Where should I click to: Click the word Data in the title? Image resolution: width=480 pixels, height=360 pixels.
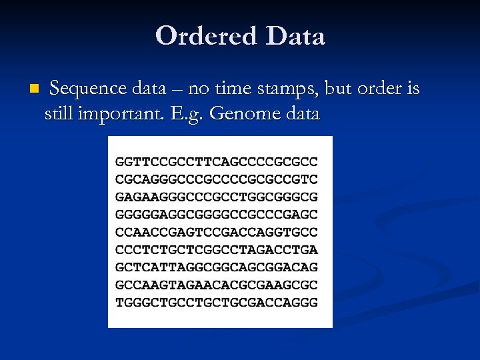pos(295,36)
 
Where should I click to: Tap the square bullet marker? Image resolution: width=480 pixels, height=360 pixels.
pos(35,89)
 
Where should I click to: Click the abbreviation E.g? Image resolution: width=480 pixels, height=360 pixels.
pos(189,114)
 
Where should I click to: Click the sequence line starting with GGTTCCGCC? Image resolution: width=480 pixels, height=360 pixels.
pos(217,162)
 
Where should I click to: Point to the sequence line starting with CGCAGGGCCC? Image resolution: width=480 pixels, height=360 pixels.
pos(217,179)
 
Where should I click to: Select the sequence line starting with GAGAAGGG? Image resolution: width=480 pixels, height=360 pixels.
pos(217,197)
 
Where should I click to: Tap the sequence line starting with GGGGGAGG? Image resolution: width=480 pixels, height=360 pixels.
pos(217,215)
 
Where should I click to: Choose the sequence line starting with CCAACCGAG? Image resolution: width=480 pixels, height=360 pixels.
pos(217,232)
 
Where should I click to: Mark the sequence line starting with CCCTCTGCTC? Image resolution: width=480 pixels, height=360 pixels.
pos(217,250)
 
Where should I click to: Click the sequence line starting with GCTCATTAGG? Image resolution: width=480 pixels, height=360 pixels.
pos(217,267)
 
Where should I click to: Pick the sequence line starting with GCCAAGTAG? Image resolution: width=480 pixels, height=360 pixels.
pos(217,285)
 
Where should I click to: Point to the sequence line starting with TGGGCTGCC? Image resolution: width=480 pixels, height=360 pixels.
pos(217,303)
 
